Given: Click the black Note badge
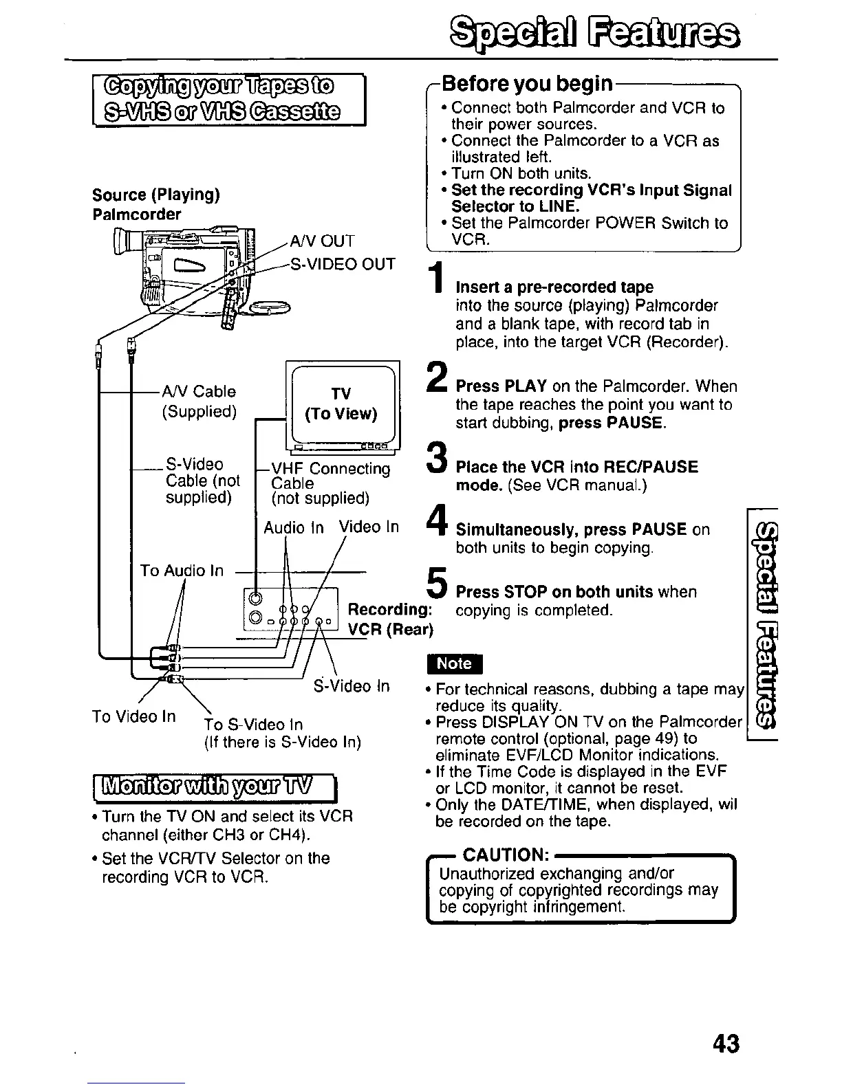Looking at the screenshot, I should click(x=455, y=663).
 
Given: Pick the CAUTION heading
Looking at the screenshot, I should click(x=506, y=855).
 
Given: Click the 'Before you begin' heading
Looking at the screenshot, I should click(x=527, y=85).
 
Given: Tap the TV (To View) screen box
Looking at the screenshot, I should click(x=342, y=404).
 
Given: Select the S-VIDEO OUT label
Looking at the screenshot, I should click(x=343, y=265).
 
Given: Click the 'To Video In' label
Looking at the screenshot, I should click(x=134, y=716).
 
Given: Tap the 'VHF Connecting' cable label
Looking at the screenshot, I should click(x=331, y=469).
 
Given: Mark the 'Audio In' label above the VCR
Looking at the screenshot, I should click(x=294, y=527).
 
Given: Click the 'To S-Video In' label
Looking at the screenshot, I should click(x=253, y=725).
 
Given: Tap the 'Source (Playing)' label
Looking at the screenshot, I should click(x=156, y=195).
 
